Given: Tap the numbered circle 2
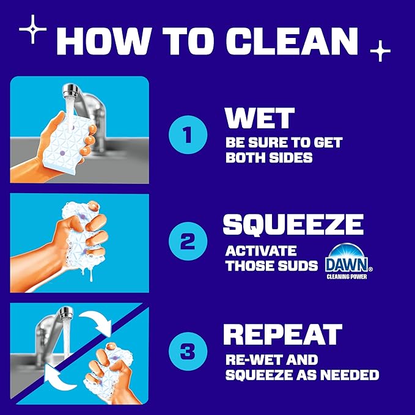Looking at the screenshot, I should (187, 243).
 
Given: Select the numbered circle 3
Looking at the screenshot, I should (187, 353).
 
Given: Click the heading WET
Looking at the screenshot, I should (260, 119).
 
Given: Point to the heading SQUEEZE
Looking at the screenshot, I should (293, 224).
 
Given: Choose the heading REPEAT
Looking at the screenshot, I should (282, 334).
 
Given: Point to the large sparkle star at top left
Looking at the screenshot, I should (33, 29).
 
